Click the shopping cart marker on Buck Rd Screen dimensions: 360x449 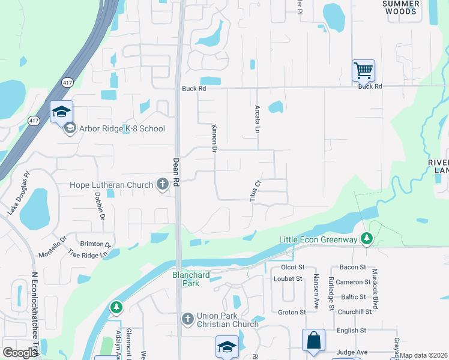point(363,70)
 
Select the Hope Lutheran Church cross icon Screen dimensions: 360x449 point(162,185)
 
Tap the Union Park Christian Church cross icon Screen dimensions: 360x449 point(187,318)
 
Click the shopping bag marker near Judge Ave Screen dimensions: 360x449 point(313,340)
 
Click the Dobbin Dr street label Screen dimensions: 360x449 point(100,208)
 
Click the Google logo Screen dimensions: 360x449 point(20,353)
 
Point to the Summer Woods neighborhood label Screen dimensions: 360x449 point(400,7)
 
